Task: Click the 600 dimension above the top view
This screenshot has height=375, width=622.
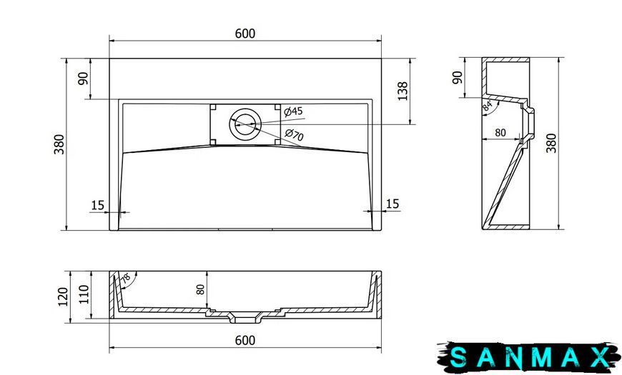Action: [x=245, y=34]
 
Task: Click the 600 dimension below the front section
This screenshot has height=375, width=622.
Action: [x=245, y=341]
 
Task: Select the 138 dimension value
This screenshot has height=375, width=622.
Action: [x=403, y=91]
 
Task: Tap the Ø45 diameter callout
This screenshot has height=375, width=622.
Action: [x=294, y=111]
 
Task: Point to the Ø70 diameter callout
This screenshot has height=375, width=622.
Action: [x=295, y=135]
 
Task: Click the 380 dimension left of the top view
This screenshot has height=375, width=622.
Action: [x=59, y=144]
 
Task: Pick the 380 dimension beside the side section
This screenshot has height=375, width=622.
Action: [x=551, y=143]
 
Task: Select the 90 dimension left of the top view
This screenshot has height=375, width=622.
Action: [x=83, y=79]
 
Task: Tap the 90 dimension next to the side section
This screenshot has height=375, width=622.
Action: [x=458, y=77]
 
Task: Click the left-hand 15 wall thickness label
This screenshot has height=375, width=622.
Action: [x=97, y=205]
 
